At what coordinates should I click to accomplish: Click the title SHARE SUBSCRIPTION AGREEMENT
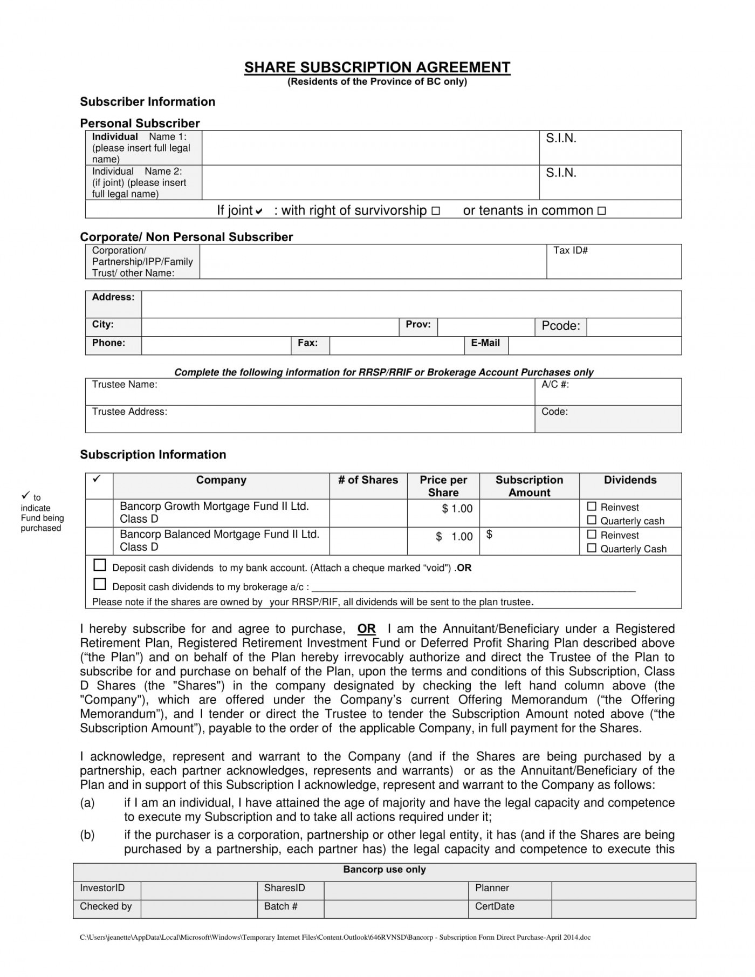(377, 67)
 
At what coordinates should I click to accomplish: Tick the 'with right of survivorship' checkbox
(436, 211)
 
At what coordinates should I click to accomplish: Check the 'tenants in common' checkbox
(602, 211)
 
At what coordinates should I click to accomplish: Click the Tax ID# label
(570, 250)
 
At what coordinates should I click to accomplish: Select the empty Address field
(411, 304)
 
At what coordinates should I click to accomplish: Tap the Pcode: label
(560, 326)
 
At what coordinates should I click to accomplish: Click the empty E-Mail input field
(594, 345)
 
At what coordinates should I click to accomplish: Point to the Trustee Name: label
(125, 385)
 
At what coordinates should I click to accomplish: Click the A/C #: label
(555, 385)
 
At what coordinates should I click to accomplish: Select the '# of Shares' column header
(368, 480)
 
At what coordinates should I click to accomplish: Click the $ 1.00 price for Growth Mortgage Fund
(457, 509)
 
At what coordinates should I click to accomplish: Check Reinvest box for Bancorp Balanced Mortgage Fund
(592, 535)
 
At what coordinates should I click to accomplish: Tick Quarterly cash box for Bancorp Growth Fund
(592, 520)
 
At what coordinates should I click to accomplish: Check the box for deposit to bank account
(100, 565)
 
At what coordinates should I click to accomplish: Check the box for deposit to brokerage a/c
(100, 584)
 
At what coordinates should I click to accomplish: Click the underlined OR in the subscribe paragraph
(366, 629)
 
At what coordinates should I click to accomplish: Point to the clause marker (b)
(87, 835)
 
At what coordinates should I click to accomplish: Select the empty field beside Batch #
(396, 907)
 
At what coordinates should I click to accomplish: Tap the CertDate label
(494, 907)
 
